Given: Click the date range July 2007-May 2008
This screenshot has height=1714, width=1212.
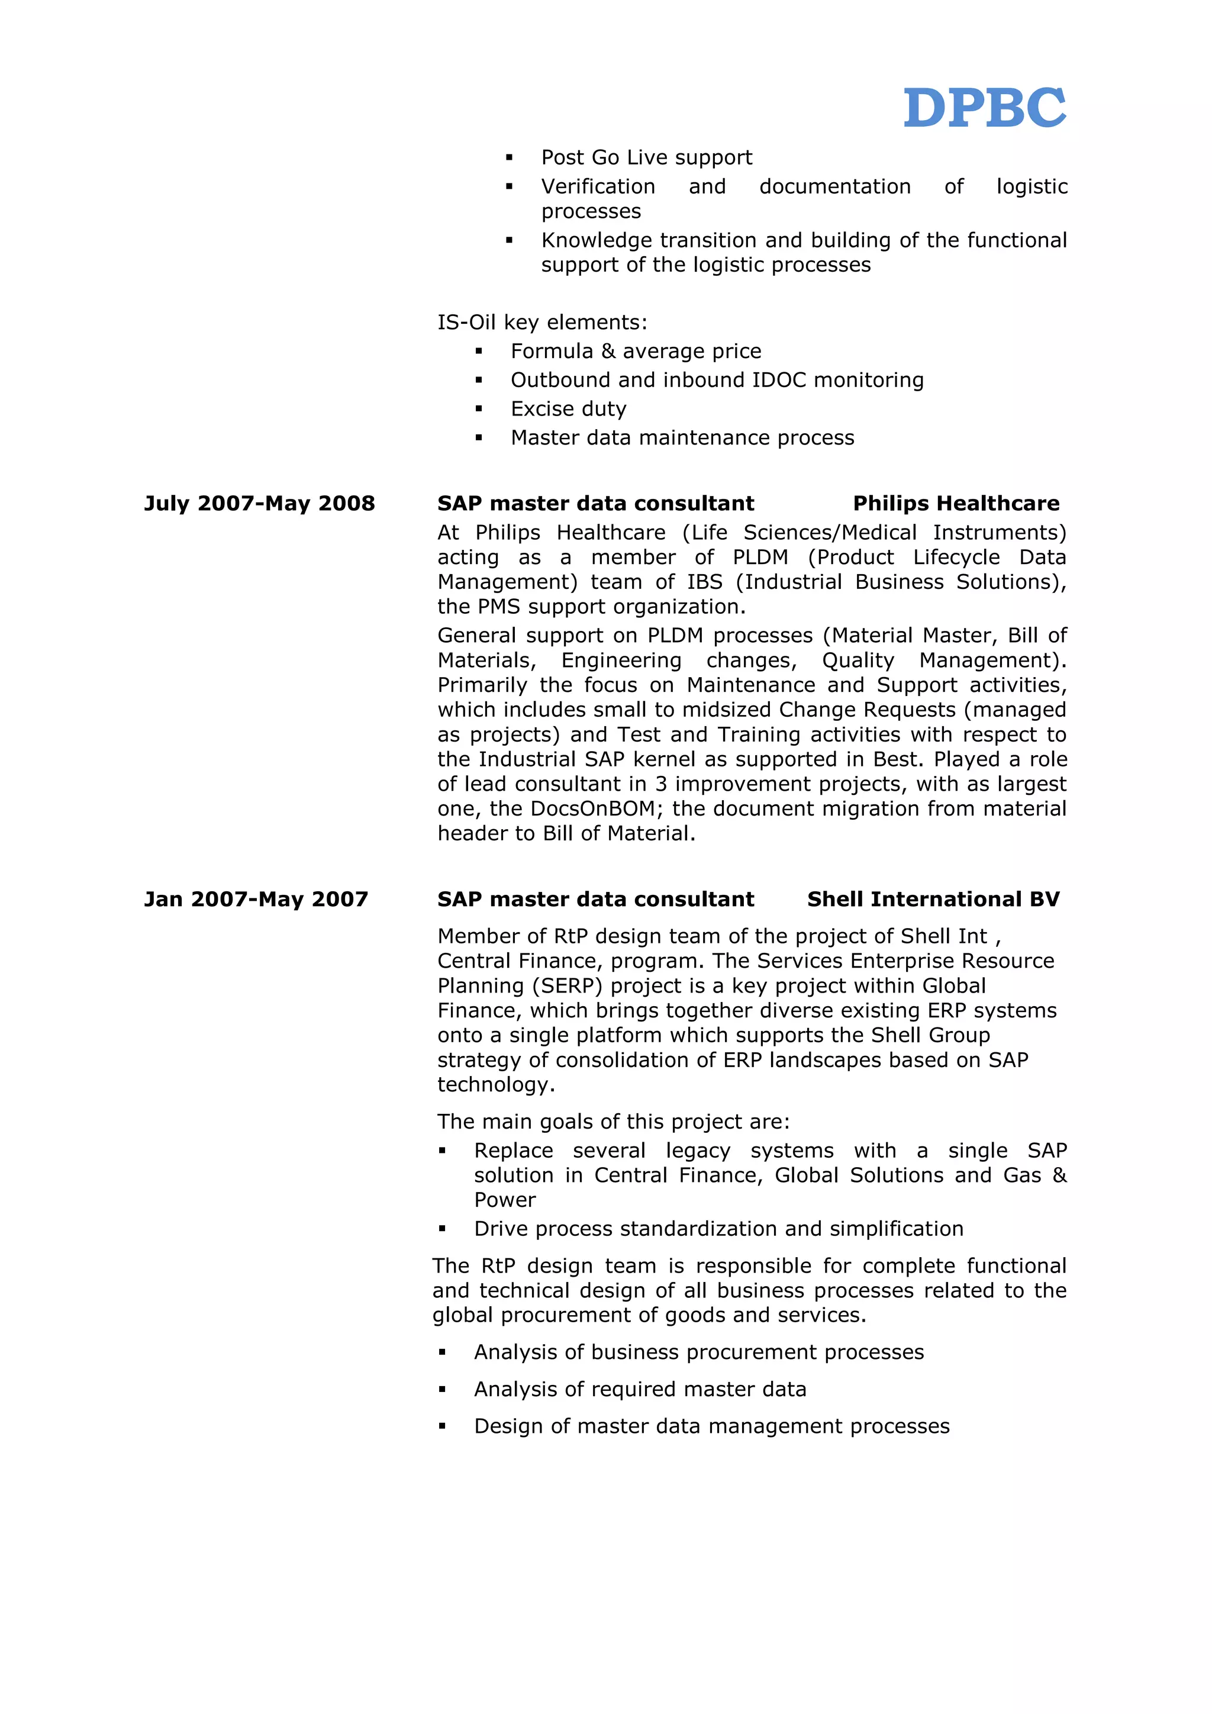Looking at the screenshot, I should click(x=259, y=503).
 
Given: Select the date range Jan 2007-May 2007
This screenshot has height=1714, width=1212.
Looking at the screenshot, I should click(x=256, y=899).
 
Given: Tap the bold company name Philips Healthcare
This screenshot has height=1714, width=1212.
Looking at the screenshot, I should click(x=955, y=503).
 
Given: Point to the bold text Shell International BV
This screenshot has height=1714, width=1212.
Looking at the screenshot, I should click(x=933, y=899).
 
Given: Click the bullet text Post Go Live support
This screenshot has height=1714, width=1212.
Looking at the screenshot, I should click(x=646, y=157).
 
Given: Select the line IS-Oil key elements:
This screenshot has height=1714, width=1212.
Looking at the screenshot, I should click(x=542, y=323).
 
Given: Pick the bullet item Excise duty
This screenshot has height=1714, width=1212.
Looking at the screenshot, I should click(x=568, y=409).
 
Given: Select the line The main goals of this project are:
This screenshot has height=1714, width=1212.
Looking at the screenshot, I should click(x=613, y=1122).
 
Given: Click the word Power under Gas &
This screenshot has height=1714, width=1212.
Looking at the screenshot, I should click(x=504, y=1200).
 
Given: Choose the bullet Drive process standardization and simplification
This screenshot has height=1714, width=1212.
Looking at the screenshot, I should click(x=718, y=1229).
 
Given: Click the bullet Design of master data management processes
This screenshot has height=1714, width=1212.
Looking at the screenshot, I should click(x=711, y=1426).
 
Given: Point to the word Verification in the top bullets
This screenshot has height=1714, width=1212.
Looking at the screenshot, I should click(x=598, y=186).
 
